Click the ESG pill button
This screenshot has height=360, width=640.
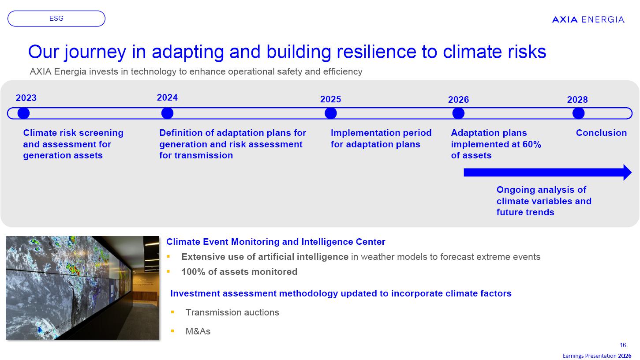coord(56,19)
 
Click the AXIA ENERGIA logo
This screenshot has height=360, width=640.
coord(588,19)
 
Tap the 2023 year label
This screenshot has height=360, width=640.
coord(26,98)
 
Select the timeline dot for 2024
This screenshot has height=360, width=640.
coord(167,113)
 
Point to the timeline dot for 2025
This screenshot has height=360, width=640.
coord(330,113)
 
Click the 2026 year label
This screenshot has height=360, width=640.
coord(458,100)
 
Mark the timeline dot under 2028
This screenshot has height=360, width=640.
coord(578,113)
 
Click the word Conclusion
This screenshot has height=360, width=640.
coord(601,133)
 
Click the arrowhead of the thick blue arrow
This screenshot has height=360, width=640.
coord(627,172)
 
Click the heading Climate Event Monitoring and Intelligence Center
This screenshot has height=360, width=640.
coord(276,242)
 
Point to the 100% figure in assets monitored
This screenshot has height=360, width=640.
coord(193,272)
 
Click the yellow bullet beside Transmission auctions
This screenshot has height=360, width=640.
coord(172,312)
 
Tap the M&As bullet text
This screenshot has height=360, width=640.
coord(198,331)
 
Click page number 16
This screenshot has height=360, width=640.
coord(623,345)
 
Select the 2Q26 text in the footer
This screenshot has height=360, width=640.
coord(625,356)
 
